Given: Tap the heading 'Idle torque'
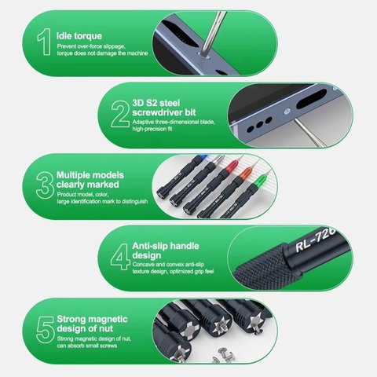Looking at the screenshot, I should click(x=78, y=36).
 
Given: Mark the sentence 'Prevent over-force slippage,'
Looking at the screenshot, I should click(x=92, y=48).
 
